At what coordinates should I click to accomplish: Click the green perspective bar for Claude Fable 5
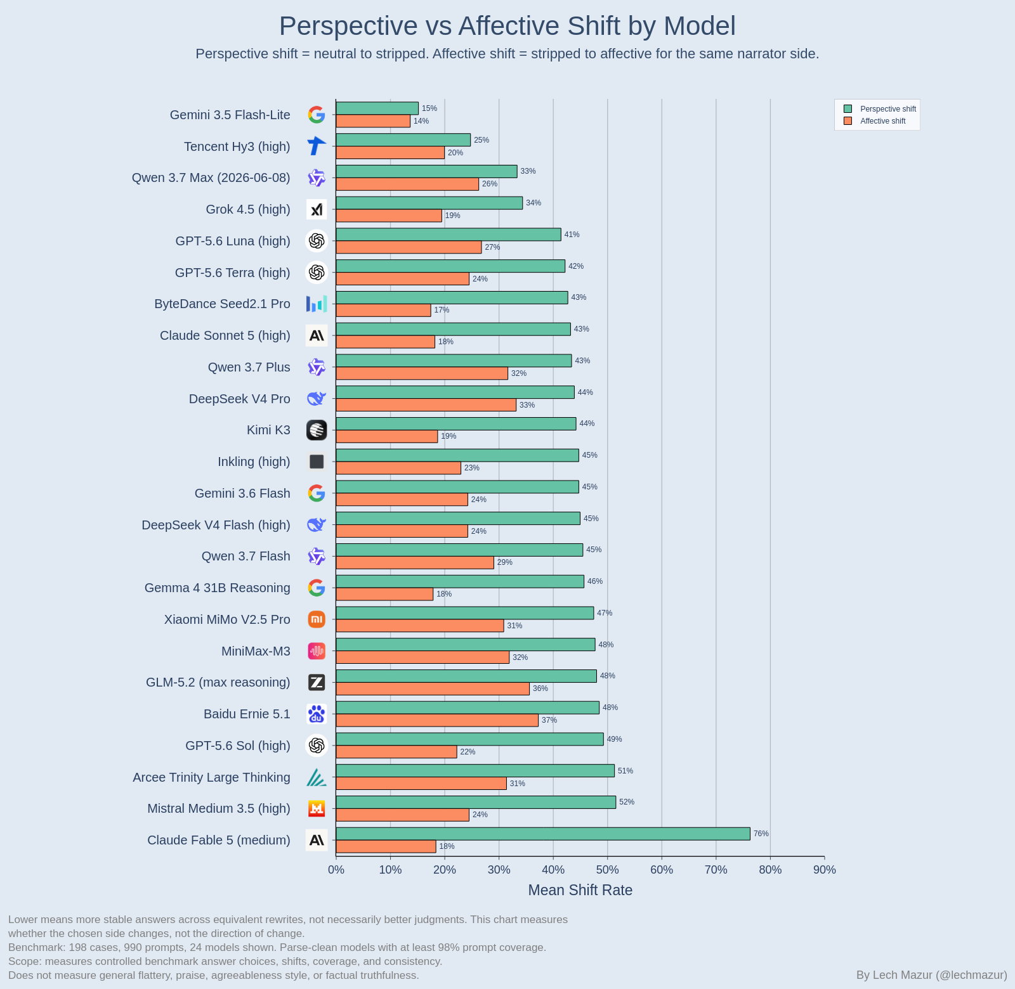point(543,834)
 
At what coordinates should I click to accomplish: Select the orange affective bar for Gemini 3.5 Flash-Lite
point(373,121)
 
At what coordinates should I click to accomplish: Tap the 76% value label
point(761,834)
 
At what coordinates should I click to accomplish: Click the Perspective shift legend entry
point(880,109)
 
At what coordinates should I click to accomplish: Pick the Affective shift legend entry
point(875,121)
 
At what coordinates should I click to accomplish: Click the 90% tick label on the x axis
point(825,870)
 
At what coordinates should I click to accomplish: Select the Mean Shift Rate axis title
point(580,890)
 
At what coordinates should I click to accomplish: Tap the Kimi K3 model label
point(268,430)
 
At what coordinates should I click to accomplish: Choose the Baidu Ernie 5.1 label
point(247,714)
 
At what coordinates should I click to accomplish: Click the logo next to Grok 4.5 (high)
point(317,209)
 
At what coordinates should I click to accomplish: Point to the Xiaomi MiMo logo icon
point(317,619)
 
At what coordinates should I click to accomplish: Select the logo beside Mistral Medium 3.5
point(317,808)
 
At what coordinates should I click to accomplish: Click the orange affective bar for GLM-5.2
point(433,688)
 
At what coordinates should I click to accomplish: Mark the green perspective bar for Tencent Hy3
point(403,140)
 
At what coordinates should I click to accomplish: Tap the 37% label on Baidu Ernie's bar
point(549,720)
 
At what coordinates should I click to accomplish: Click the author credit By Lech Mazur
point(932,975)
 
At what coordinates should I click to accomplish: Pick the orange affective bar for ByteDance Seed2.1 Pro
point(384,310)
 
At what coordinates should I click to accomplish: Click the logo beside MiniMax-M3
point(317,651)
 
